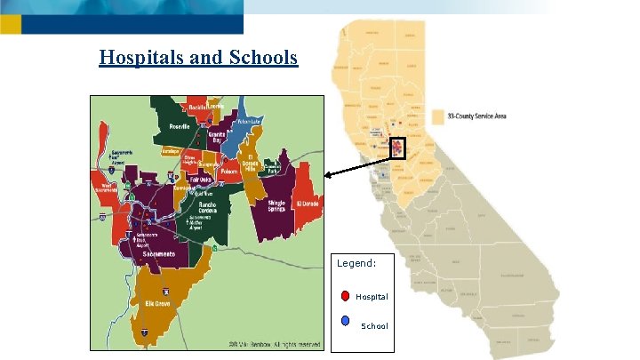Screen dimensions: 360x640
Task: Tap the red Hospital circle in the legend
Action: (345, 296)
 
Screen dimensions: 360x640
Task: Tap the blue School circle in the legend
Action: (345, 319)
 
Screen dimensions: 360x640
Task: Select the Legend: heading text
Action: (356, 263)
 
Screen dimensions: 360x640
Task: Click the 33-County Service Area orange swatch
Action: (437, 116)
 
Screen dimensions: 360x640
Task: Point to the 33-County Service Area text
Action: (477, 116)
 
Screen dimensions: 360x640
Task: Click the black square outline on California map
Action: (396, 148)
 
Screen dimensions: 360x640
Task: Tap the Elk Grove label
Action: (158, 303)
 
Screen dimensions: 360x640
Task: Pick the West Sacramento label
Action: (108, 187)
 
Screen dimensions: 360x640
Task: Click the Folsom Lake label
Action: (250, 121)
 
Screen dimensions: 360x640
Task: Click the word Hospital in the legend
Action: (372, 296)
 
